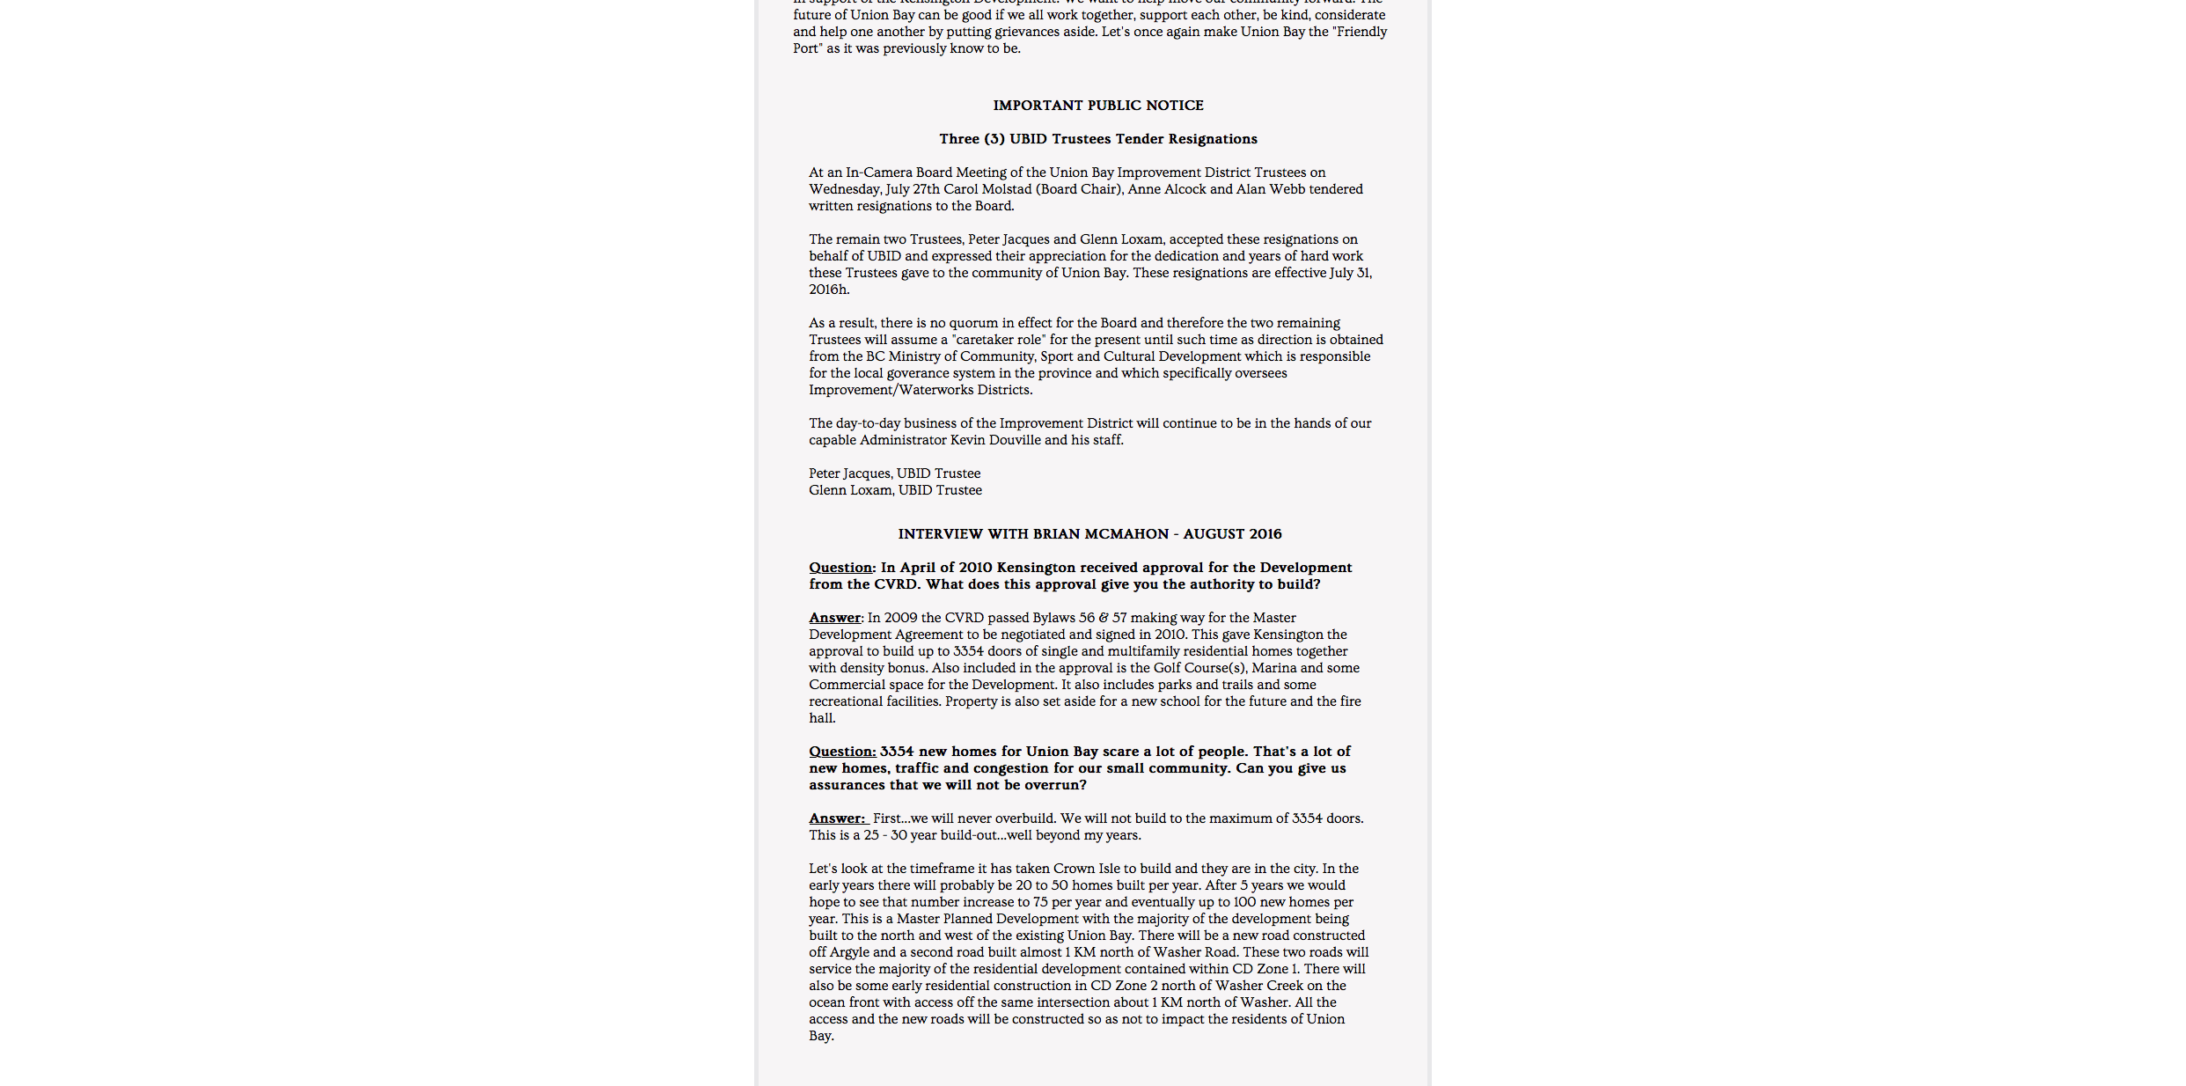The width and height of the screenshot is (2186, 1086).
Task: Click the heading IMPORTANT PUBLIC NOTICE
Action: [x=1097, y=106]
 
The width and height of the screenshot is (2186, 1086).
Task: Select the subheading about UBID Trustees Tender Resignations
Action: [x=1097, y=139]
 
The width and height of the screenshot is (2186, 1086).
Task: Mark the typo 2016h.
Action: [x=829, y=290]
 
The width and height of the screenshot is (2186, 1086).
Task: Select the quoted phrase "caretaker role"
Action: [x=999, y=340]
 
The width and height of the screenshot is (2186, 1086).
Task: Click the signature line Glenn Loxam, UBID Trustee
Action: [x=895, y=490]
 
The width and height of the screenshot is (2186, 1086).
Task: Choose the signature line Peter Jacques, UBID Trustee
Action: [x=894, y=473]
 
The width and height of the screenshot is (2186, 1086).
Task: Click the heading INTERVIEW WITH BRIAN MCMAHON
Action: [x=1089, y=534]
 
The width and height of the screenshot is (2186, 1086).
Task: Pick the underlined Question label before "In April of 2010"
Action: [x=840, y=568]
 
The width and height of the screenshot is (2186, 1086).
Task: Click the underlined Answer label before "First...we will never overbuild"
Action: [x=836, y=818]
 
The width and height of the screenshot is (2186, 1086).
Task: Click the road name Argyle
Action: [x=849, y=952]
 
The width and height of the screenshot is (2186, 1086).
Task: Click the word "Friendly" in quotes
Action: [x=1361, y=32]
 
